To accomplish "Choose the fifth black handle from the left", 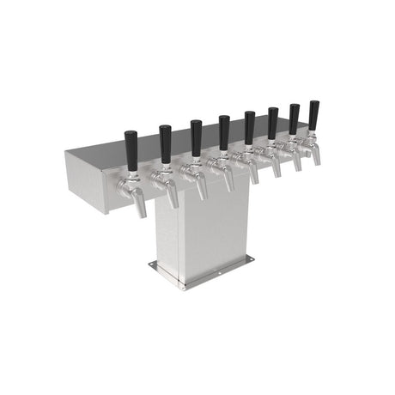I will point(249,125).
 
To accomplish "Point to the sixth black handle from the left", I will point(272,121).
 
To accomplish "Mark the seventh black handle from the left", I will point(295,118).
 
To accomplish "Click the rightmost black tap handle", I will point(314,114).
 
